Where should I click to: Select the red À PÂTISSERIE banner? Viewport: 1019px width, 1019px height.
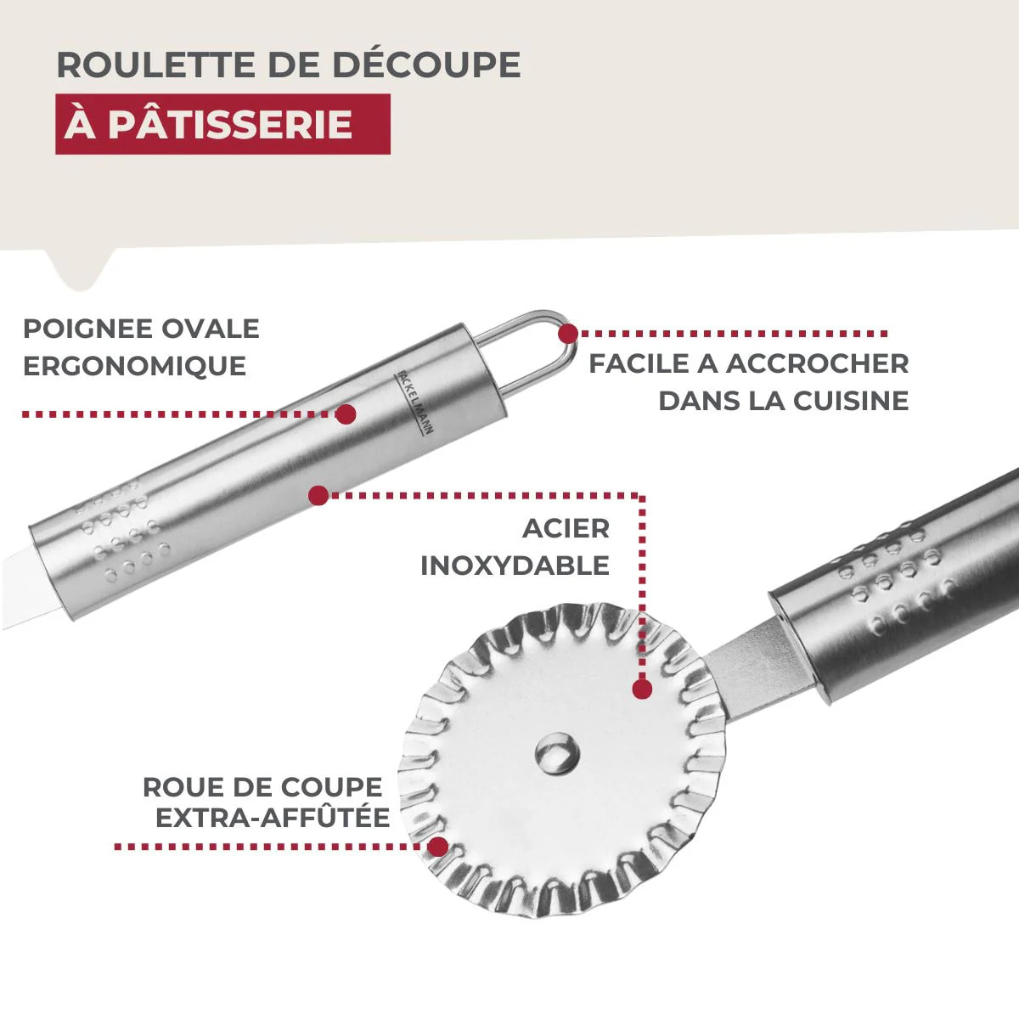coord(222,124)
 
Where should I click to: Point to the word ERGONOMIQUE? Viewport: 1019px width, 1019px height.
coord(134,366)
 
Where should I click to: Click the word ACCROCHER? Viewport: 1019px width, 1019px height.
coord(817,363)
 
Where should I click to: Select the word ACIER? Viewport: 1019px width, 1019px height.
coord(566,528)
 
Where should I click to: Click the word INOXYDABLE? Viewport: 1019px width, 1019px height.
coord(515,566)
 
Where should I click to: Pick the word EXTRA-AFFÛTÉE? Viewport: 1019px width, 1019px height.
coord(272,818)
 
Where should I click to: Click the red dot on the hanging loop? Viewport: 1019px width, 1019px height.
coord(567,333)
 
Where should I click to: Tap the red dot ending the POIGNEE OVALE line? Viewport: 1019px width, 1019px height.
coord(345,414)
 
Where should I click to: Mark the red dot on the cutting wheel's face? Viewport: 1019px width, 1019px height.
coord(642,689)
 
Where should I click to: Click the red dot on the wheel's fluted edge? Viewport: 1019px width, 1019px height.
coord(437,847)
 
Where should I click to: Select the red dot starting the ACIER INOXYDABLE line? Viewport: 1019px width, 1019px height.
coord(318,495)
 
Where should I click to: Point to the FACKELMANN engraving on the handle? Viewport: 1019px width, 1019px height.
coord(415,403)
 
